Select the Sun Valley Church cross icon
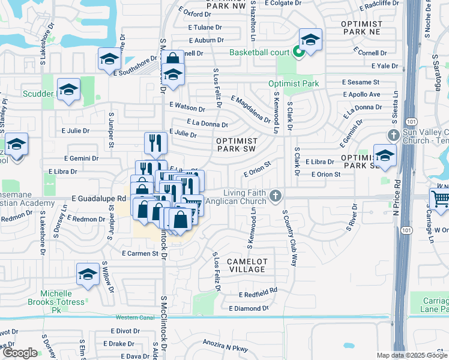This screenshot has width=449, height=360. tap(393, 135)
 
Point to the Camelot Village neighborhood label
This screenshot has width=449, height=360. tap(246, 265)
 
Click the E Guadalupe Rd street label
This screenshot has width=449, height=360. tap(98, 197)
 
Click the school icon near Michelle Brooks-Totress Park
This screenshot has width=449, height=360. tap(88, 274)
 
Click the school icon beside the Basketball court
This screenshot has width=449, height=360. tap(310, 40)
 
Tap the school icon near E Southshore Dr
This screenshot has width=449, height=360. tap(109, 58)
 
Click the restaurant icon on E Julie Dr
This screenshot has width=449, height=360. tap(155, 142)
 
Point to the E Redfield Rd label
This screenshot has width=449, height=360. tap(258, 294)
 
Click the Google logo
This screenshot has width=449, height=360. tap(19, 353)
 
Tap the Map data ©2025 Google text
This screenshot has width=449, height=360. tap(412, 355)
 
